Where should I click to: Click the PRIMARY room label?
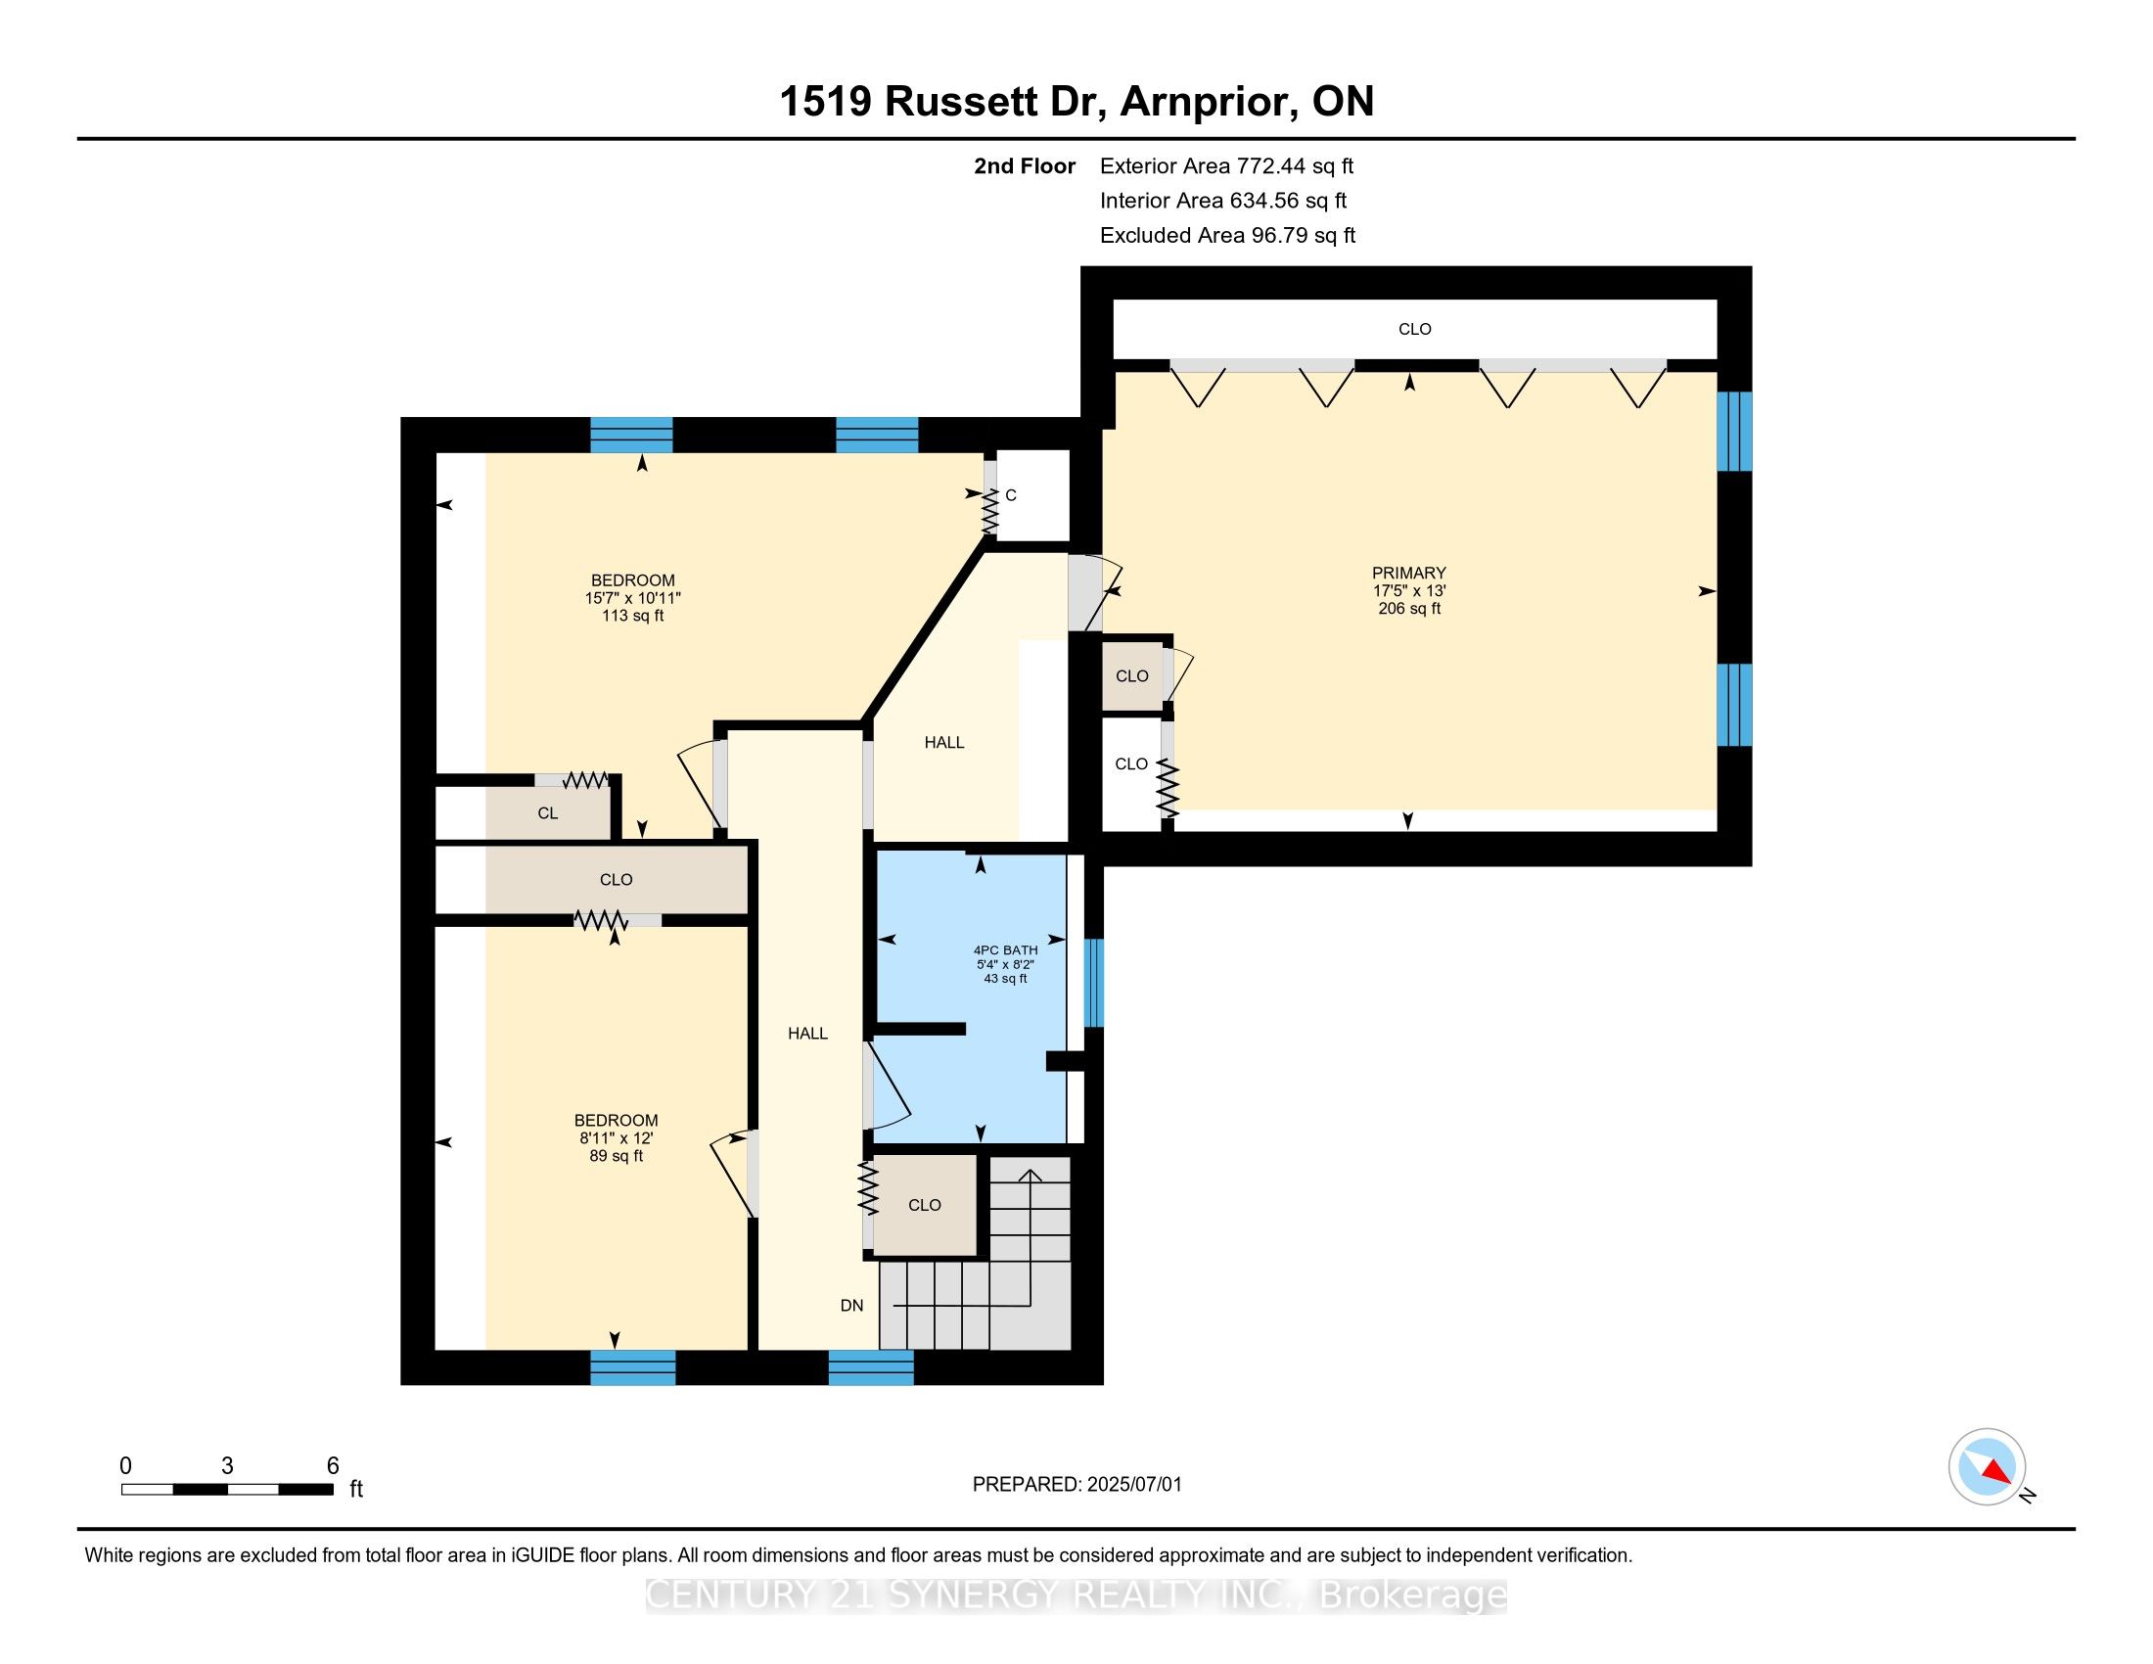(x=1408, y=574)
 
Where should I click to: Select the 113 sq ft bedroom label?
(x=633, y=597)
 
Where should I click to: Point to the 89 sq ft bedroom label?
(x=617, y=1137)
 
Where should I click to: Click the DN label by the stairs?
(x=851, y=1305)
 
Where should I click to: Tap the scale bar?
(x=227, y=1490)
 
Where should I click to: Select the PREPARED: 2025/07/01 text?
(x=1076, y=1485)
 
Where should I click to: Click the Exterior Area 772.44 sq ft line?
(x=1226, y=166)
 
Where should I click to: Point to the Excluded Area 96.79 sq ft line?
(x=1227, y=236)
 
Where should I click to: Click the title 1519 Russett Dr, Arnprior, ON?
(x=1076, y=102)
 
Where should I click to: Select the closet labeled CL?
(x=548, y=813)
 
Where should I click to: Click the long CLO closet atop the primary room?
(x=1415, y=329)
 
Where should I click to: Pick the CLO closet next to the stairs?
(x=925, y=1205)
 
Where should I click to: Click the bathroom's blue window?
(x=1093, y=983)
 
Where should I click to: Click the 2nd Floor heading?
(x=1025, y=166)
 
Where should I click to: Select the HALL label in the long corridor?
(x=807, y=1033)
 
